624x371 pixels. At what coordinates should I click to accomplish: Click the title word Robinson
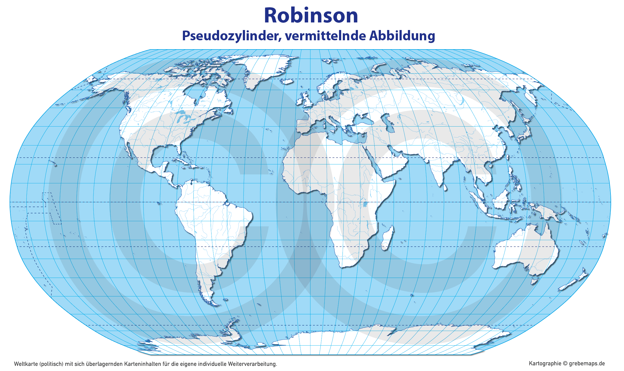pos(311,15)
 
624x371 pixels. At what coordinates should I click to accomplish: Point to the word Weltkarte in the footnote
pos(26,364)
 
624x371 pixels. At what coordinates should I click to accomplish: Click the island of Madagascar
pos(387,238)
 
